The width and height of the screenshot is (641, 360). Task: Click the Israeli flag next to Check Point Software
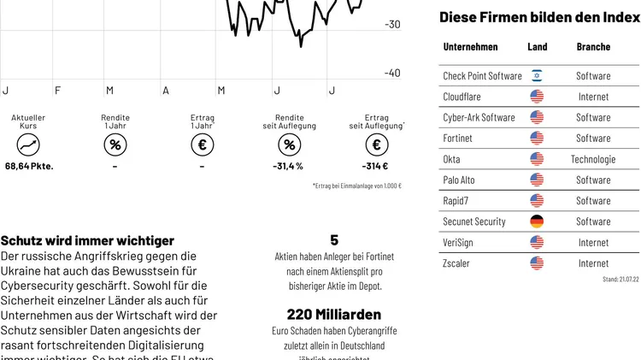537,76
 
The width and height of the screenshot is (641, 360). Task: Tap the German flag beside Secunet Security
537,221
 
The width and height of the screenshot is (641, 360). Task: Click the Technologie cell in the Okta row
593,159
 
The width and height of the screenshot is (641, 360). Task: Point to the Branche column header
593,47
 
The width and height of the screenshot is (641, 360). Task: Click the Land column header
537,47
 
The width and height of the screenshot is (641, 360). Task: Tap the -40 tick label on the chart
391,74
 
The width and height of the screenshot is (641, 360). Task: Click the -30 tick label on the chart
391,25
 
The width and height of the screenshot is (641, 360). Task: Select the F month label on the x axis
57,91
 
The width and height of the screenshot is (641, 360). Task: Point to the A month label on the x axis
165,91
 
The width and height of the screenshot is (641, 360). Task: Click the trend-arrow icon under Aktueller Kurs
28,145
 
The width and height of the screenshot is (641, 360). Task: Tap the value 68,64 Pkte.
29,167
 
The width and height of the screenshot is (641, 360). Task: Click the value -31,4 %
288,167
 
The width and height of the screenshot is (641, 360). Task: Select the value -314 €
375,167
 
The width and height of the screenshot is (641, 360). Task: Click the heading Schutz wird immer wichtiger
87,241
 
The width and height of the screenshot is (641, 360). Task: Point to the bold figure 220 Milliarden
333,314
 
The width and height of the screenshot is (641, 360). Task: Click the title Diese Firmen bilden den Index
539,17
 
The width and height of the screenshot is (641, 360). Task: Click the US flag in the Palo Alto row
537,180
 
